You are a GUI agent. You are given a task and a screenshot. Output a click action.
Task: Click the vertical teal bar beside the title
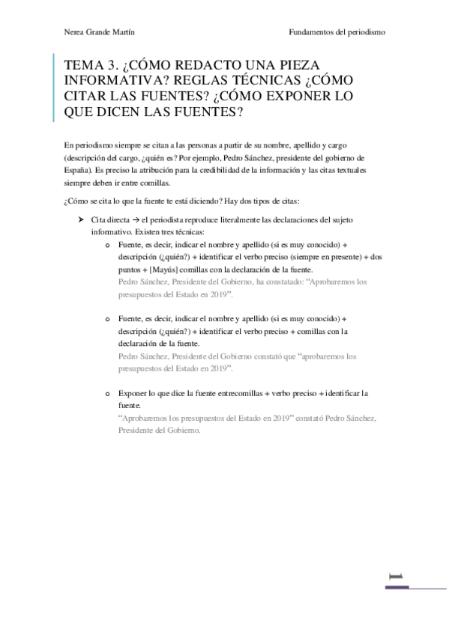click(54, 88)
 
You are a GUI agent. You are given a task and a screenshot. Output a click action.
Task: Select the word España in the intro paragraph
click(77, 170)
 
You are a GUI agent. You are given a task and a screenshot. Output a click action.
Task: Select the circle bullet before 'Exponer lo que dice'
click(109, 393)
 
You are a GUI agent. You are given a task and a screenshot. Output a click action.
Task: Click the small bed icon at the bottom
click(397, 576)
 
